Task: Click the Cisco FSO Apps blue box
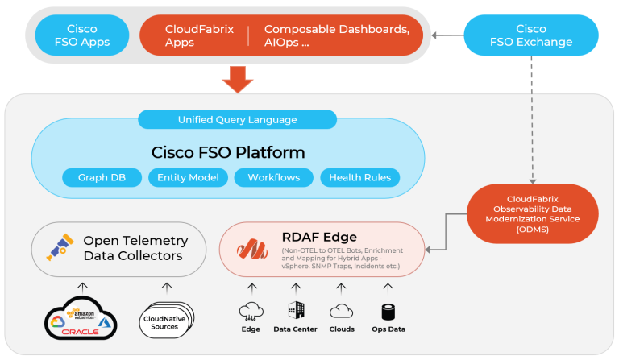tap(82, 35)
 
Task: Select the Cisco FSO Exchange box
tap(531, 35)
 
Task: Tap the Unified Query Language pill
tap(237, 120)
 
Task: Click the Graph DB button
tap(102, 177)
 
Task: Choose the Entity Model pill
tap(188, 177)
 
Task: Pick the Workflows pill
tap(273, 177)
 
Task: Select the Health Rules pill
tap(359, 177)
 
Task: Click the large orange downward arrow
tap(238, 79)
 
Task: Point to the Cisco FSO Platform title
tap(228, 152)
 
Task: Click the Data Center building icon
tap(295, 310)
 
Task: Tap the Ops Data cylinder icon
tap(387, 310)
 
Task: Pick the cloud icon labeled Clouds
tap(342, 310)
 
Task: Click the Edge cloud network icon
tap(251, 310)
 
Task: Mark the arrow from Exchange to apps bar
tap(447, 35)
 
